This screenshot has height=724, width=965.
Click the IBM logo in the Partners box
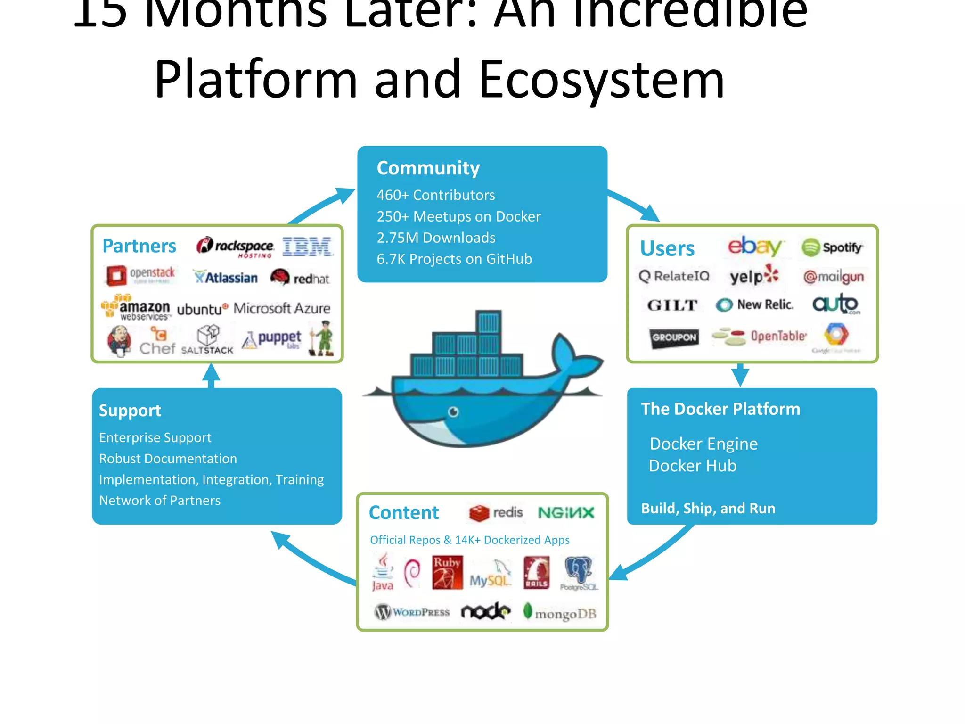(307, 247)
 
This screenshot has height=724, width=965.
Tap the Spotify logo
(832, 247)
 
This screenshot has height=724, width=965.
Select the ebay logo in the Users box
(754, 246)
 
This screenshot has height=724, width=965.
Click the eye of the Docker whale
(453, 412)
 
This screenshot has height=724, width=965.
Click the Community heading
(428, 168)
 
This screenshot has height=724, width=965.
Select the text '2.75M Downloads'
(436, 238)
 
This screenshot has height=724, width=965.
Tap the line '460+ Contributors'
(435, 195)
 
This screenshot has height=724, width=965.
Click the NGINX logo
(566, 513)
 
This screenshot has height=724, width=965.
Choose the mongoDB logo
(560, 613)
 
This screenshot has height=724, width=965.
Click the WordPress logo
(412, 612)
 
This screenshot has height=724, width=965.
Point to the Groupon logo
(674, 337)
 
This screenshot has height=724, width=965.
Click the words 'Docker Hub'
(692, 466)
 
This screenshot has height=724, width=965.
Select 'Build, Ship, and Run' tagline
(708, 508)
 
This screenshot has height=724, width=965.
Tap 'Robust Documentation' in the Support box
(168, 459)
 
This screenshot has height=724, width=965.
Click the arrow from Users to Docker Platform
(740, 375)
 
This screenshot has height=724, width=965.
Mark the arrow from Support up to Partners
(211, 376)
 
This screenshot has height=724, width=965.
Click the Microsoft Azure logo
(282, 308)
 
